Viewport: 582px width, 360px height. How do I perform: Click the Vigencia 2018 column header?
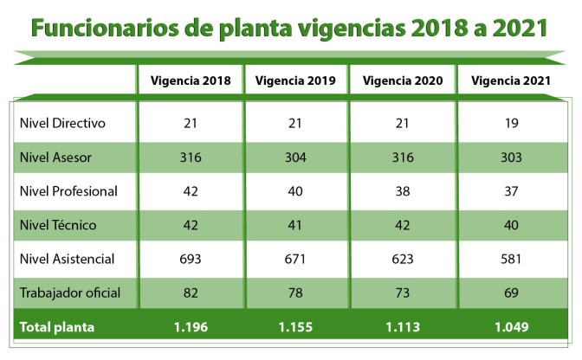pos(191,81)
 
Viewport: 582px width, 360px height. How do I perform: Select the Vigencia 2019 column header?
pos(296,81)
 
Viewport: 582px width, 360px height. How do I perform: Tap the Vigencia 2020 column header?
pos(403,81)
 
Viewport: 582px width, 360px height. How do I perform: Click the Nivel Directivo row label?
pos(62,123)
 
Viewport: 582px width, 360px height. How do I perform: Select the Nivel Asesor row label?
pos(55,157)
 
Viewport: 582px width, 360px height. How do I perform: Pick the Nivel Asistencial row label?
pos(67,259)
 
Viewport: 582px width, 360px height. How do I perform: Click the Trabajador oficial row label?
pos(69,293)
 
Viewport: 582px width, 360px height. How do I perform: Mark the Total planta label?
pos(57,327)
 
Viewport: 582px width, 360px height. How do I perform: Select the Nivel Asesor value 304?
pos(296,157)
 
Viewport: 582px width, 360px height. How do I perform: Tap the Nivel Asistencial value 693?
pos(191,259)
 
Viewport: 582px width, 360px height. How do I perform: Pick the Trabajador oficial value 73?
pos(403,293)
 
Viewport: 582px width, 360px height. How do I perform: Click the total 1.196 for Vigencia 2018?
pos(191,327)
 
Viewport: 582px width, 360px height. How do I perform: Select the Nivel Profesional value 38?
pos(403,191)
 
